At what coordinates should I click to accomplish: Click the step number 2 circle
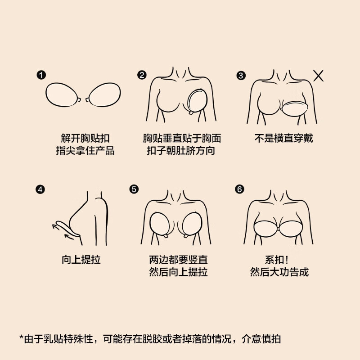pos(142,76)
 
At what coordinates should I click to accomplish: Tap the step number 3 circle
pos(241,76)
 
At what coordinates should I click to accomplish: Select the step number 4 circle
pos(41,189)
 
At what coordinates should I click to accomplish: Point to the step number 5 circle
pos(134,189)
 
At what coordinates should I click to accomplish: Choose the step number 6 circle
pos(239,189)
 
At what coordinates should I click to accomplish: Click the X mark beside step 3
pos(318,76)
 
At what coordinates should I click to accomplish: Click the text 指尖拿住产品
pos(85,151)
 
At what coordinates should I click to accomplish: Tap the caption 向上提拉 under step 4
pos(81,260)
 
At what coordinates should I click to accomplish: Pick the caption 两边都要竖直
pos(178,260)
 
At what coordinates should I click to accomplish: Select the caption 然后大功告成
pos(279,272)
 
